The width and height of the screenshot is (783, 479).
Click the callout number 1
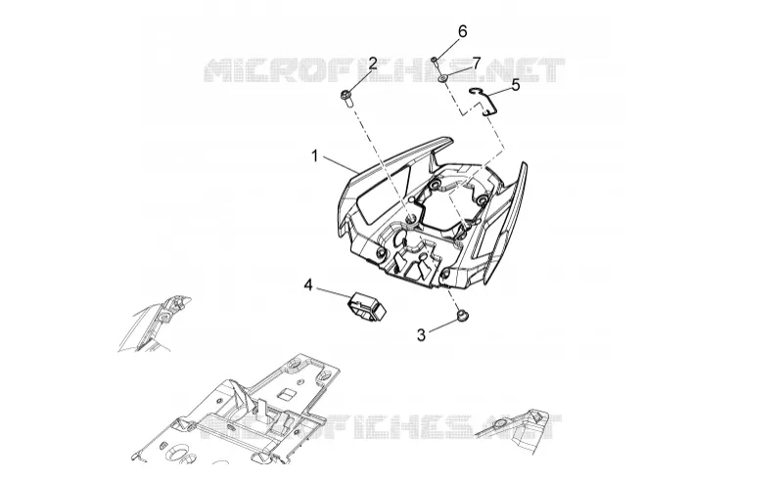pos(314,156)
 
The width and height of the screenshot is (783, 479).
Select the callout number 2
pos(373,64)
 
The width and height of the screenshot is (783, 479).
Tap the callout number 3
pos(421,335)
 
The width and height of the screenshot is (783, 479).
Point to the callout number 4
pos(308,285)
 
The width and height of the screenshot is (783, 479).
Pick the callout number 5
pos(516,85)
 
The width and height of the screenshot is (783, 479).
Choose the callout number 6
pos(462,31)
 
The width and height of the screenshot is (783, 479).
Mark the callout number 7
pos(476,64)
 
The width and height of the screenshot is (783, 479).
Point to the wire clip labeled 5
pos(484,101)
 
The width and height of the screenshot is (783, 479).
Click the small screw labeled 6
pos(436,61)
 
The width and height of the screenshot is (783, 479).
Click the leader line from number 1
pos(340,165)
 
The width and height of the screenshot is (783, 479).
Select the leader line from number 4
pos(334,293)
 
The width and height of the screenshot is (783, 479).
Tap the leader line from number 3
pos(442,325)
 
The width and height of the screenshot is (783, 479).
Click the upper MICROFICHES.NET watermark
pos(385,70)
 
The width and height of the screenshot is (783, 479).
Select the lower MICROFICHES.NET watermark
pos(381,426)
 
